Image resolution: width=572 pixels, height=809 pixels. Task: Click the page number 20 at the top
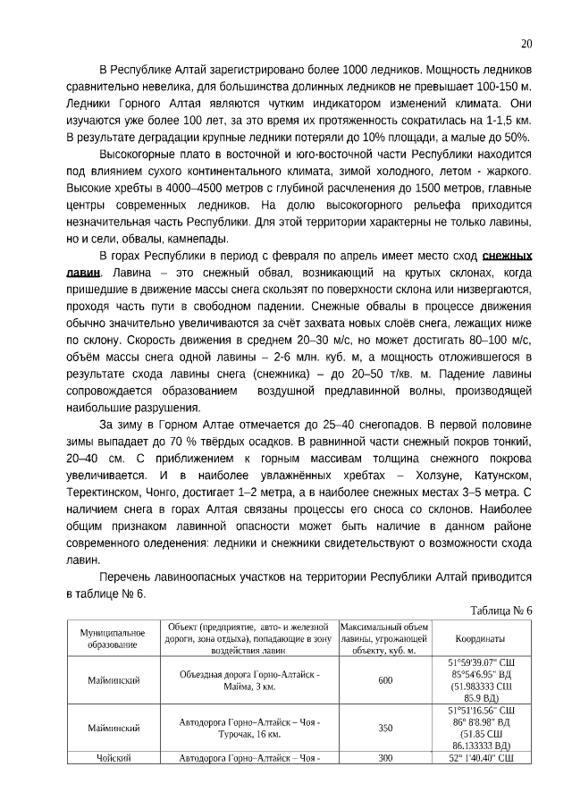526,44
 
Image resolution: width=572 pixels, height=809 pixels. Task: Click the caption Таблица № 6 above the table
500,611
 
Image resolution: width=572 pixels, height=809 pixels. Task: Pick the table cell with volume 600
384,681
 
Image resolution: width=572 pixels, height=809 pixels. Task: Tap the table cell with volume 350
384,729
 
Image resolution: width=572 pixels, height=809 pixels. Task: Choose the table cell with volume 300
384,759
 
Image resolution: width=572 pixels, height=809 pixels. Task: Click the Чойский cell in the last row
113,759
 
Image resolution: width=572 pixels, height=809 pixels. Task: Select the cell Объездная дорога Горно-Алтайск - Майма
249,681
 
